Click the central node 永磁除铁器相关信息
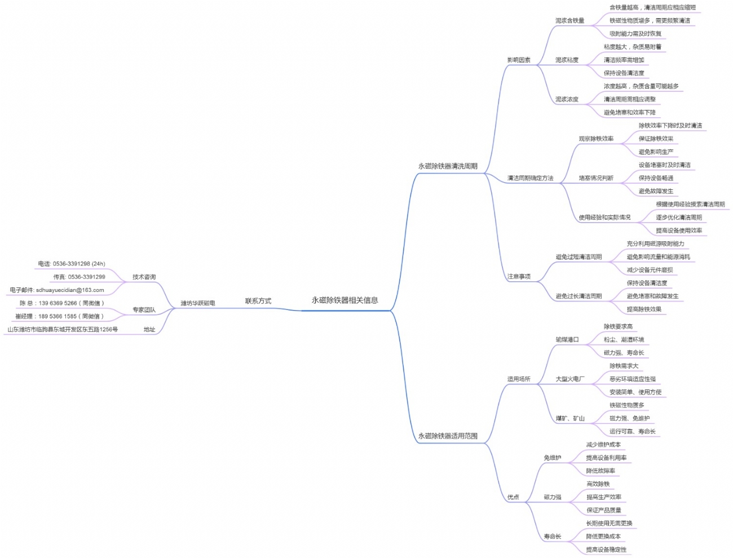345,300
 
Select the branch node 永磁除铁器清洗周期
448,166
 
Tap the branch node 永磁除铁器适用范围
448,436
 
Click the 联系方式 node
258,301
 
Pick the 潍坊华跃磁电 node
197,303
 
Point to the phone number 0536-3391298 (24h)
72,264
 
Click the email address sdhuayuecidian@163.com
57,290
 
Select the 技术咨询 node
144,277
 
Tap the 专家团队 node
144,310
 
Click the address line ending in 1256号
63,330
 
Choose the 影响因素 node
519,60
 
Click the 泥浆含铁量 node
569,21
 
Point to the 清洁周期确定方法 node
530,178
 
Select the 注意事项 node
519,277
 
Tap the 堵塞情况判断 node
596,178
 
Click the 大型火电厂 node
570,379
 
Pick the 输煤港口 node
567,340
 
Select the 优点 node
513,497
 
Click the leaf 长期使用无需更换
609,524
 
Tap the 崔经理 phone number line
60,317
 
